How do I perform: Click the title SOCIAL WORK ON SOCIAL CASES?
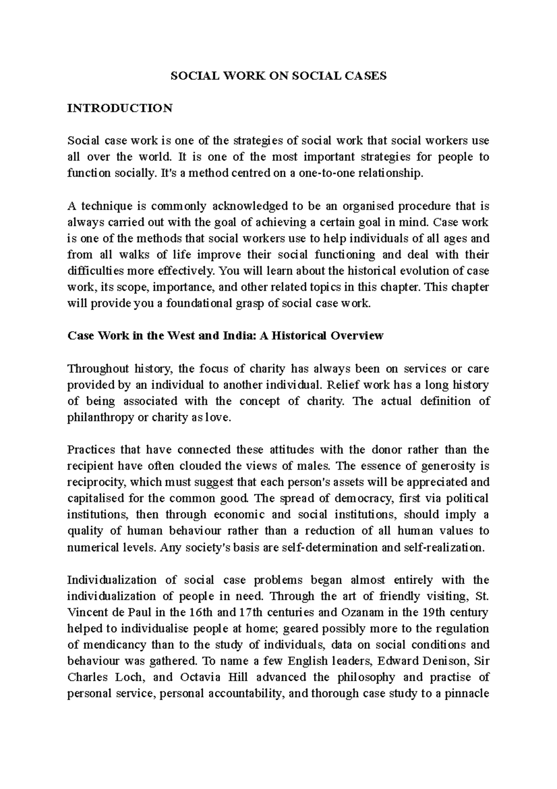pyautogui.click(x=278, y=76)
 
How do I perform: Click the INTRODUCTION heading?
pyautogui.click(x=120, y=108)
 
